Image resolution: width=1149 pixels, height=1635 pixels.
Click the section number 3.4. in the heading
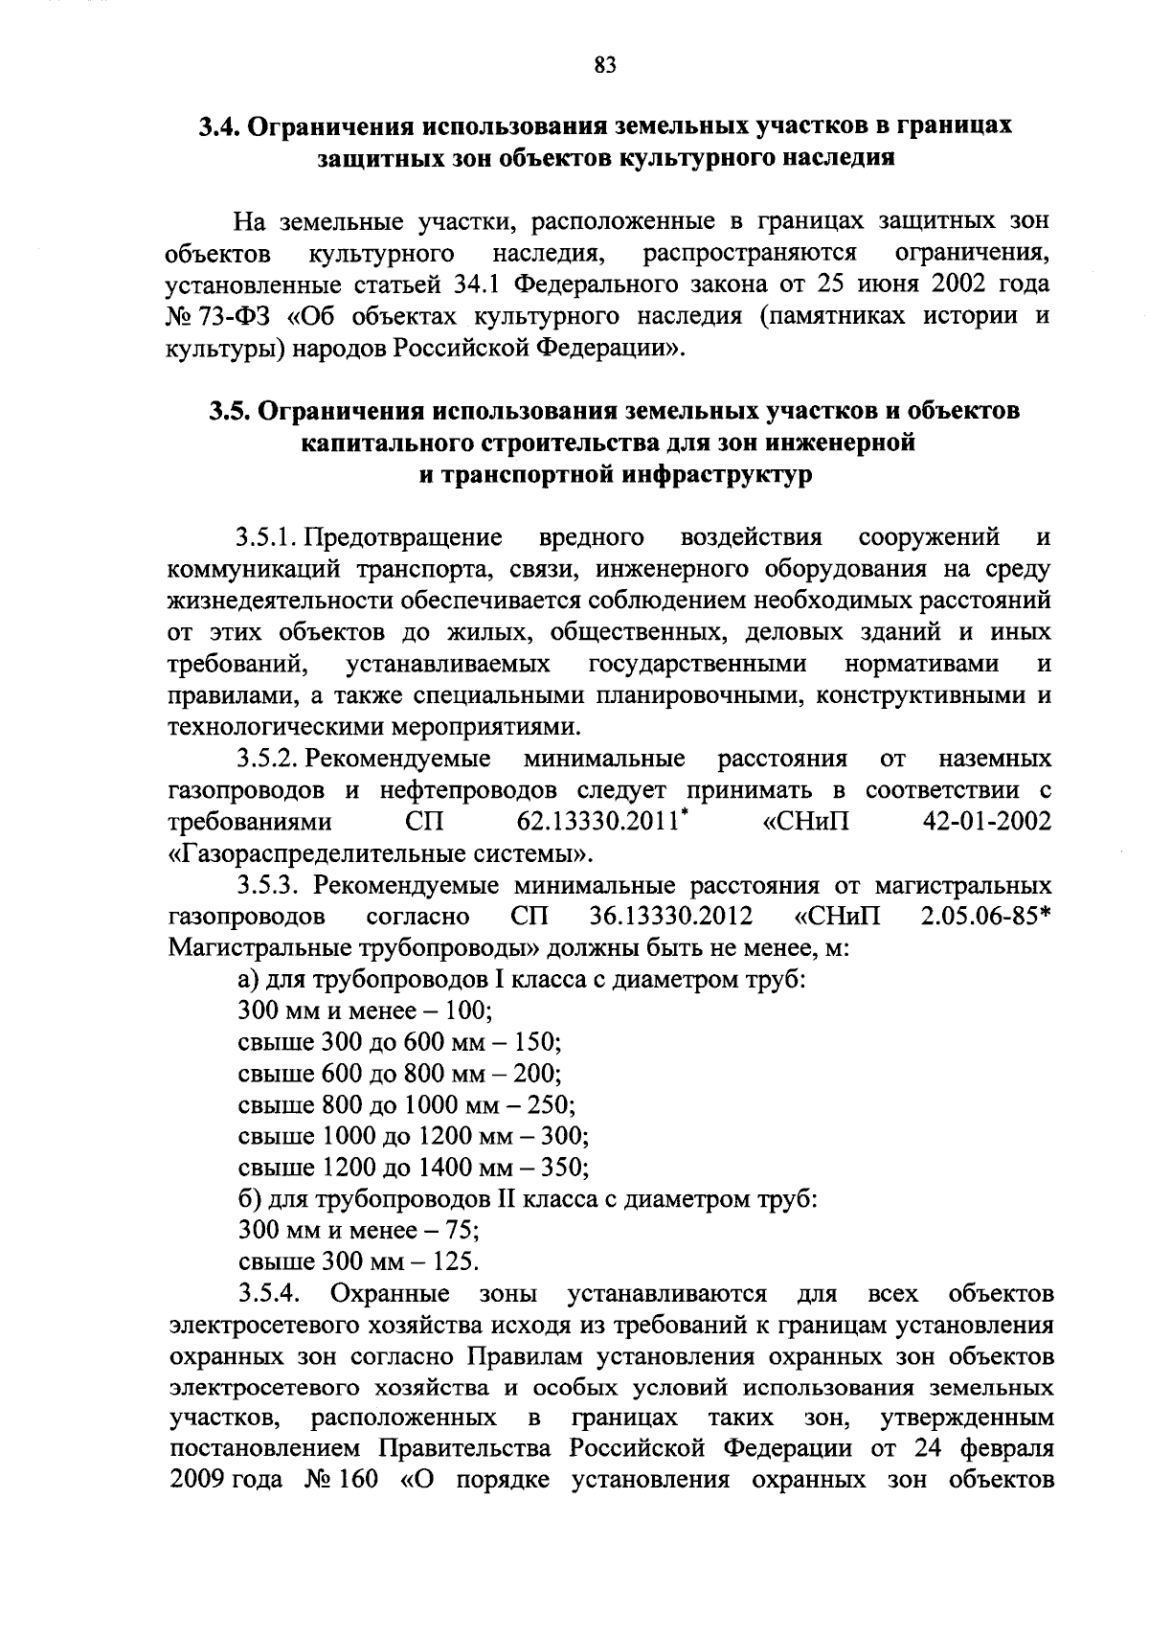tap(223, 126)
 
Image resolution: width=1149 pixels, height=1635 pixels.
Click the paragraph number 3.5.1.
tap(268, 536)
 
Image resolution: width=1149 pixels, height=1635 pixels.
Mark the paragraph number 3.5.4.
tap(270, 1295)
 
